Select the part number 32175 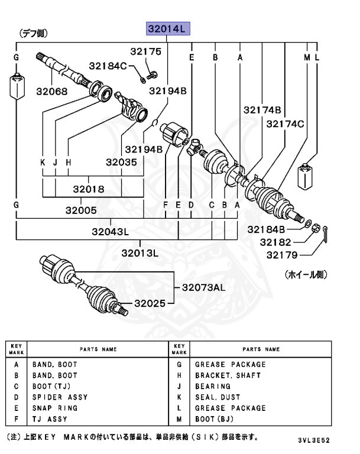145,52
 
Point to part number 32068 51,92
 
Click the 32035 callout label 122,161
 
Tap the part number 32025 150,303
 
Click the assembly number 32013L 141,253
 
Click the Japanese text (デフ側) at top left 34,34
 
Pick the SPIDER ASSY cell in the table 56,397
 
